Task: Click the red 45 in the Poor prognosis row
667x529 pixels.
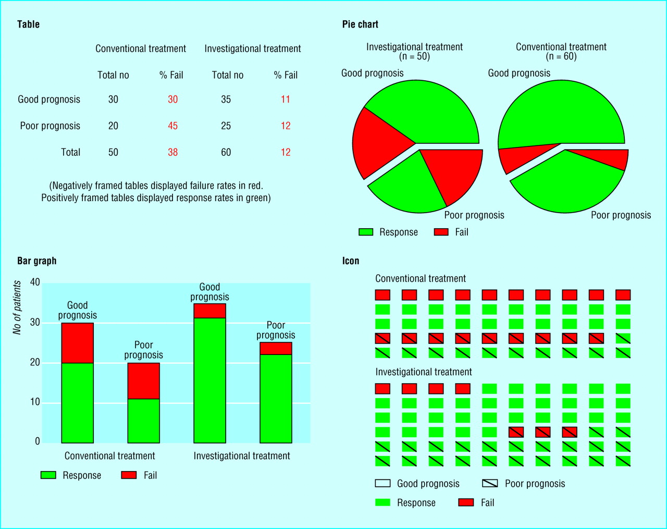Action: point(172,126)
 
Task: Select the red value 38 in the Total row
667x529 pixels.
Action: point(172,152)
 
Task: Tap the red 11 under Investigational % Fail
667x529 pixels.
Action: point(285,99)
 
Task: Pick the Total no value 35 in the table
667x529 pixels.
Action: point(226,99)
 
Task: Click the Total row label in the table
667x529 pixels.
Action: point(70,152)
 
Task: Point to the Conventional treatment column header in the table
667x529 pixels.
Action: point(140,48)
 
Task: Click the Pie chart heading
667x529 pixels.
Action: point(360,24)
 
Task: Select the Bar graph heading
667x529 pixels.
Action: point(36,261)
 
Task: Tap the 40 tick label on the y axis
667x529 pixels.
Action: point(35,282)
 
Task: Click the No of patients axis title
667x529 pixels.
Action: point(17,307)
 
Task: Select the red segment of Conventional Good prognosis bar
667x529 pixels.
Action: point(77,342)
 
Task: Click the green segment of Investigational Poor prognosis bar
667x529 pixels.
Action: point(276,398)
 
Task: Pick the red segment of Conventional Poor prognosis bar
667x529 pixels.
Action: point(143,380)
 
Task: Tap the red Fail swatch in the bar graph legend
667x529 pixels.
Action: point(129,475)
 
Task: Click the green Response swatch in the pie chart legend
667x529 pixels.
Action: point(366,232)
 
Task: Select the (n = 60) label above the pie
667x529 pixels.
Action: point(561,56)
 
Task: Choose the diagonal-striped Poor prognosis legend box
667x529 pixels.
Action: point(490,483)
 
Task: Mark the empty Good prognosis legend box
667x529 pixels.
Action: point(382,483)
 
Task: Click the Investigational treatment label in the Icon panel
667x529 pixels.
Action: point(423,372)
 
